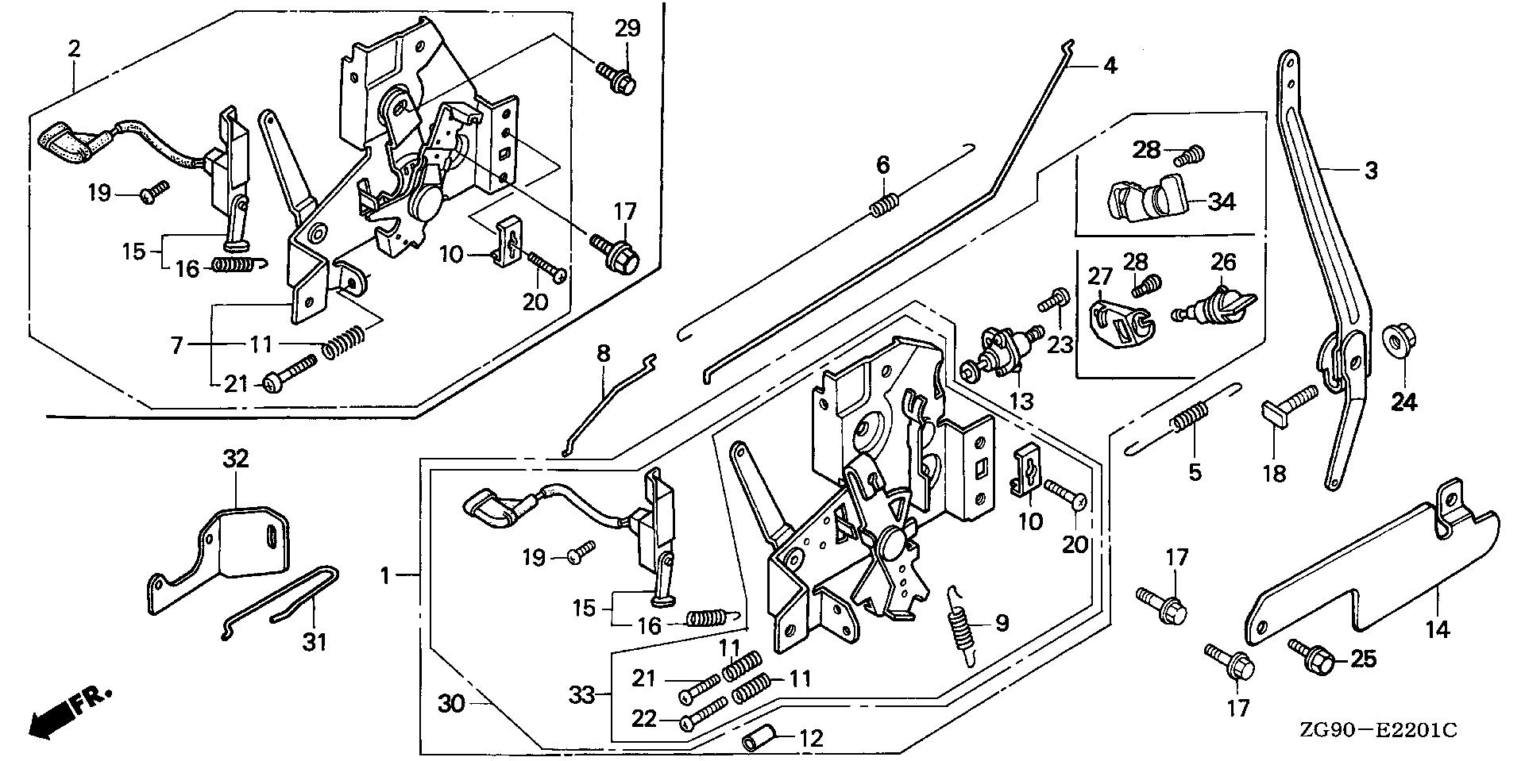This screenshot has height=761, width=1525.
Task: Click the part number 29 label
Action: (x=627, y=29)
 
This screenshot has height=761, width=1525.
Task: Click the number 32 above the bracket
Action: (x=235, y=458)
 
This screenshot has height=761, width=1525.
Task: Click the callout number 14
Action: (x=1438, y=630)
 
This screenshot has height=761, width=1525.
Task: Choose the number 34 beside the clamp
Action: (x=1222, y=202)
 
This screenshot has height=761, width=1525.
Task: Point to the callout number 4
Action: (x=1110, y=66)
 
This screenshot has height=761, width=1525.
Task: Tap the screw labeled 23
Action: (x=1053, y=302)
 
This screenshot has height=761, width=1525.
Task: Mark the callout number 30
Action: (x=451, y=703)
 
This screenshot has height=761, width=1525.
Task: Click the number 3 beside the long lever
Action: (x=1371, y=170)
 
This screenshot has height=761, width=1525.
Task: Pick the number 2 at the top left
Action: (x=74, y=48)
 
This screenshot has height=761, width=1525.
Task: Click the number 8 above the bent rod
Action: (x=604, y=352)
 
